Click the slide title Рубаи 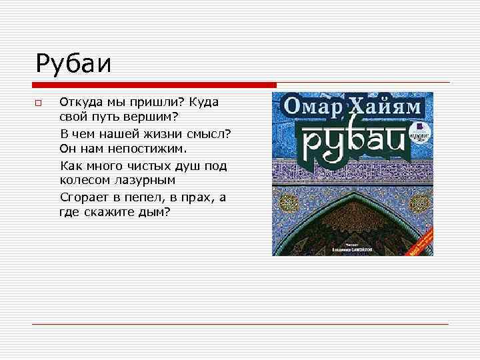[73, 65]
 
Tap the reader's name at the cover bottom [352, 249]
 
